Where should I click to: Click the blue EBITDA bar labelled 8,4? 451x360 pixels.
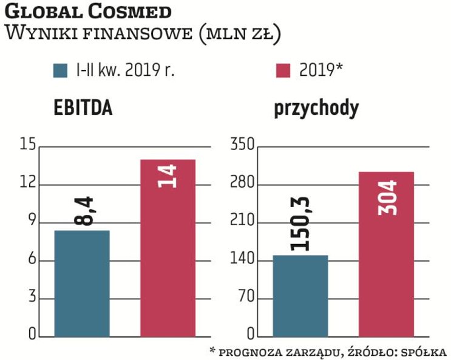point(82,284)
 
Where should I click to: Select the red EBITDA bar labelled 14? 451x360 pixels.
point(168,248)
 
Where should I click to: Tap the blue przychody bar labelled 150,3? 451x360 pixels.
point(300,296)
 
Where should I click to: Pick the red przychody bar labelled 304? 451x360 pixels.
point(386,254)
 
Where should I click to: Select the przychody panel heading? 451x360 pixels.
point(316,109)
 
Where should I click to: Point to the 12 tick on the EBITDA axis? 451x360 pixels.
point(28,184)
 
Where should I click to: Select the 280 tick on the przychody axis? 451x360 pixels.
point(240,184)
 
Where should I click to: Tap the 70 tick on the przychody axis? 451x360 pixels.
point(243,299)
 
